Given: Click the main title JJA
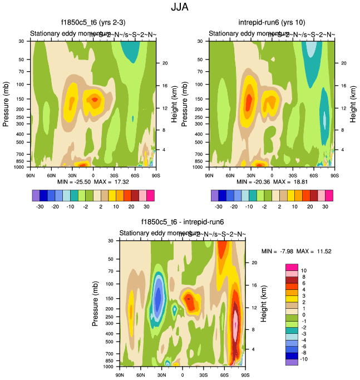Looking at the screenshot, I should [180, 8].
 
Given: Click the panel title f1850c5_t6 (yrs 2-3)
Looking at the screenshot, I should [93, 23].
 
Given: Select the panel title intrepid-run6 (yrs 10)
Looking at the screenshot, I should [272, 23].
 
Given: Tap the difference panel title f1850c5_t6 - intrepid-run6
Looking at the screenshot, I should [182, 223].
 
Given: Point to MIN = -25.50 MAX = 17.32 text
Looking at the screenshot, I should [93, 182].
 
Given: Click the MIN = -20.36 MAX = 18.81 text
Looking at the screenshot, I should [272, 182].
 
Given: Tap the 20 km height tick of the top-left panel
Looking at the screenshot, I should [164, 63].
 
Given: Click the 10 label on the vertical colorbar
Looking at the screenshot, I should [304, 269].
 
